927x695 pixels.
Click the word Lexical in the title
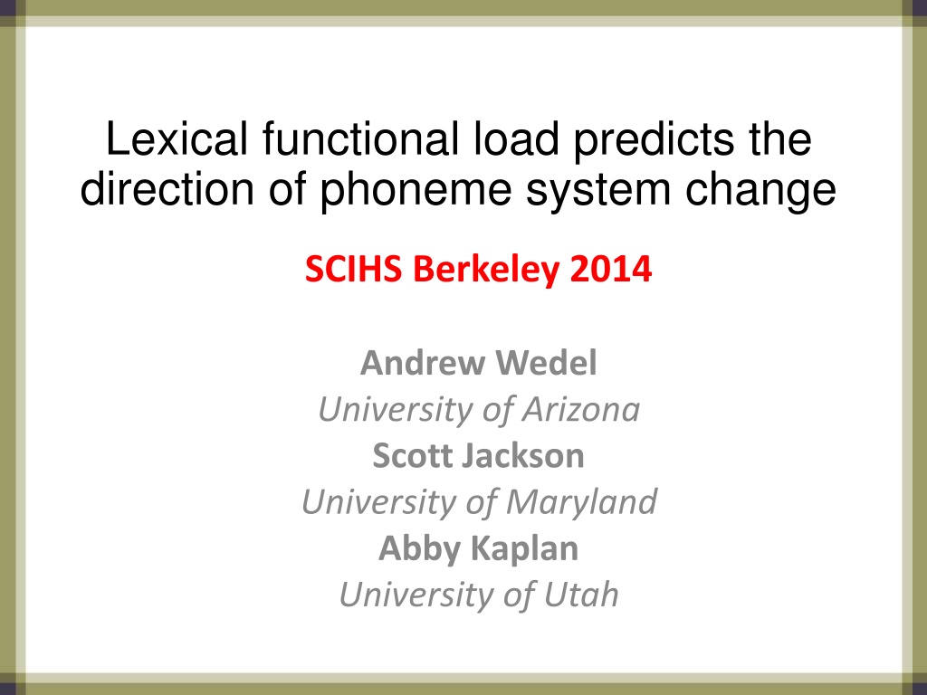pyautogui.click(x=177, y=138)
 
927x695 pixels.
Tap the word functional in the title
pyautogui.click(x=360, y=138)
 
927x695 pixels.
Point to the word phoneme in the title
pyautogui.click(x=416, y=190)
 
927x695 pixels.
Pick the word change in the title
pyautogui.click(x=760, y=190)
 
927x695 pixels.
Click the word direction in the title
pyautogui.click(x=167, y=189)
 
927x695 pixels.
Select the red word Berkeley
pyautogui.click(x=486, y=270)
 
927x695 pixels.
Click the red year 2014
pyautogui.click(x=611, y=269)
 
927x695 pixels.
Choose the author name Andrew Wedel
pyautogui.click(x=478, y=362)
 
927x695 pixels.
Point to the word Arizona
pyautogui.click(x=580, y=409)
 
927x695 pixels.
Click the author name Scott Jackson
pyautogui.click(x=478, y=456)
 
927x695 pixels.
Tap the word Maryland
pyautogui.click(x=581, y=502)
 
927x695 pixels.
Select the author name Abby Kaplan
pyautogui.click(x=478, y=548)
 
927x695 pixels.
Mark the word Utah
pyautogui.click(x=581, y=594)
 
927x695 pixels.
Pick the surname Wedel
pyautogui.click(x=546, y=362)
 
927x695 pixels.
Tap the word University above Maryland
pyautogui.click(x=378, y=502)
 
